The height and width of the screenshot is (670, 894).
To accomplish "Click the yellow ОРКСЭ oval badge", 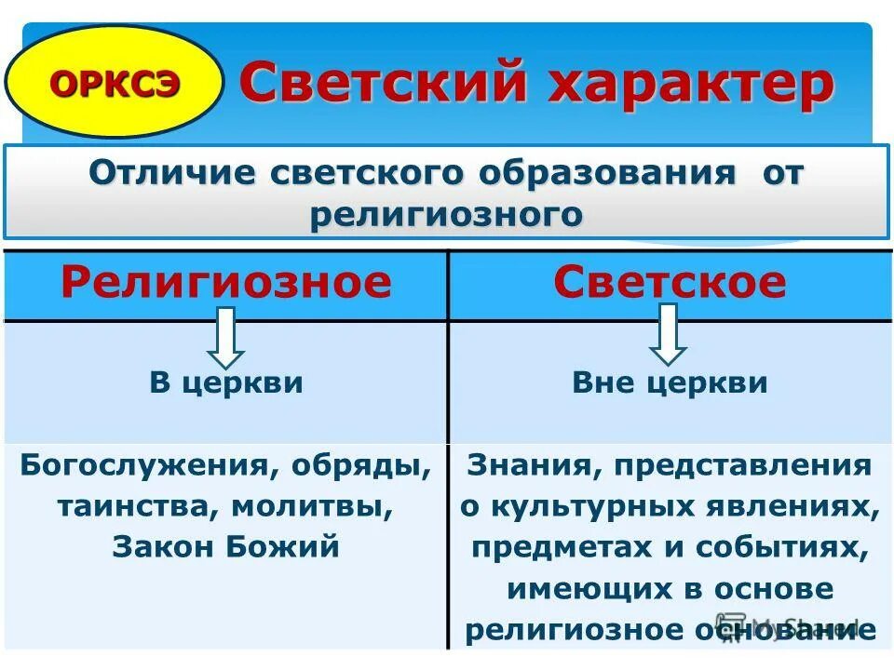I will tap(114, 82).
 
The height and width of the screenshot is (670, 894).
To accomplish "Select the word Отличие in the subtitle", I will tap(171, 173).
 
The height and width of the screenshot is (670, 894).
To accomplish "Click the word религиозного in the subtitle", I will tap(446, 214).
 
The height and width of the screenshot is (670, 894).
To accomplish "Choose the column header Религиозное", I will tap(226, 281).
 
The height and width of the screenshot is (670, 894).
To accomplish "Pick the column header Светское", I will tap(670, 281).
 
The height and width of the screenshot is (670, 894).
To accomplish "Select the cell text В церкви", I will tap(226, 382).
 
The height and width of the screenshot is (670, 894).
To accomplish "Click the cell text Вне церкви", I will tap(670, 382).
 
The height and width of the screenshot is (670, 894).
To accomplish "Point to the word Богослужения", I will tap(140, 465).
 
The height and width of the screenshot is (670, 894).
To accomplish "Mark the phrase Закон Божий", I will tap(226, 547).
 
